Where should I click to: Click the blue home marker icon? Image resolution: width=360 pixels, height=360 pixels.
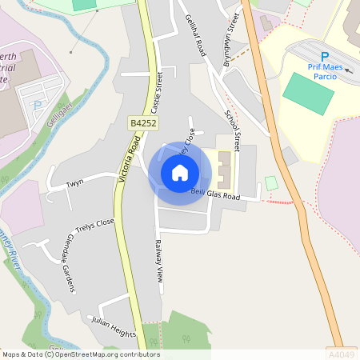(180, 173)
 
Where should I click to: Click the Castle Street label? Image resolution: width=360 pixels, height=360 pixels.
(157, 93)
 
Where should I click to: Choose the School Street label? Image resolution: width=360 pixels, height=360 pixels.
(233, 130)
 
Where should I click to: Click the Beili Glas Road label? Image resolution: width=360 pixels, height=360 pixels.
(216, 194)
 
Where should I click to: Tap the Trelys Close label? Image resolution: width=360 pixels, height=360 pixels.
(94, 226)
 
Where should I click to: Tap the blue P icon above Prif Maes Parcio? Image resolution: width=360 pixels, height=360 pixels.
(325, 56)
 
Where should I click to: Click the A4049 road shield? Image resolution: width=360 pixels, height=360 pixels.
(341, 352)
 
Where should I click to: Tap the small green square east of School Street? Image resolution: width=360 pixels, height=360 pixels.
(271, 183)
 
